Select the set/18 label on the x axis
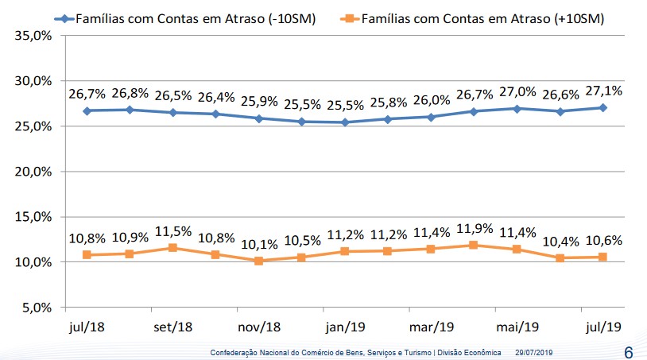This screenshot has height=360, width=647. (172, 327)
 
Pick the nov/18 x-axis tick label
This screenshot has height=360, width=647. (258, 327)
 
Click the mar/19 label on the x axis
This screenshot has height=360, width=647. (431, 327)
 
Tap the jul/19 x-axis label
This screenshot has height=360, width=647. (602, 327)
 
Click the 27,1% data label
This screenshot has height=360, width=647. (602, 91)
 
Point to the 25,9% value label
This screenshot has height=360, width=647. (258, 102)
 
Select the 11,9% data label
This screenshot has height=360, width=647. (474, 229)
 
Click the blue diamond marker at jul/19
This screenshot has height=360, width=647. (602, 107)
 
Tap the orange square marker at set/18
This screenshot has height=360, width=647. (172, 248)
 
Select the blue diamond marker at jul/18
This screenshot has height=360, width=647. (86, 110)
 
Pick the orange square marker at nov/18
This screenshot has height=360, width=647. (258, 261)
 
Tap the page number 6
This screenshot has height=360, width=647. (629, 350)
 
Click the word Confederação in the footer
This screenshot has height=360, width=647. (235, 352)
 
